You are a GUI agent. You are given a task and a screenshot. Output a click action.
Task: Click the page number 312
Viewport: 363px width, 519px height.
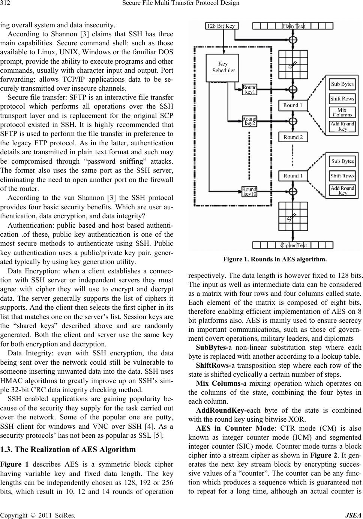(x=6, y=4)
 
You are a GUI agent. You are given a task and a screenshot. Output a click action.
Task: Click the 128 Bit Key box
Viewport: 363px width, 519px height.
(x=221, y=26)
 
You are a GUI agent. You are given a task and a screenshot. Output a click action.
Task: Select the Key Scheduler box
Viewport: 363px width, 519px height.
(x=223, y=67)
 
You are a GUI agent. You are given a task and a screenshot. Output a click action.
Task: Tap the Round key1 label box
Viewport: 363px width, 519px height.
(x=250, y=89)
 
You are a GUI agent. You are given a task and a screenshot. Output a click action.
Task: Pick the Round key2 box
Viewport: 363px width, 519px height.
(x=249, y=121)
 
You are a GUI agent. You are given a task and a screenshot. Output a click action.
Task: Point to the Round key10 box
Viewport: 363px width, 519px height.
(x=249, y=191)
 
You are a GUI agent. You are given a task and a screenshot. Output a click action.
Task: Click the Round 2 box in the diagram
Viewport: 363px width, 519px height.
(x=293, y=137)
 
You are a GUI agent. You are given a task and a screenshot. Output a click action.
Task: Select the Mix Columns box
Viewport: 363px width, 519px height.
(x=342, y=112)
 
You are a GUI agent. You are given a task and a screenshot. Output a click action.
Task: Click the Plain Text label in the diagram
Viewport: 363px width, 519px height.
(x=293, y=26)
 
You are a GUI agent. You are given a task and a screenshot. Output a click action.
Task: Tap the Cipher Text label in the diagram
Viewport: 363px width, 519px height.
(x=294, y=245)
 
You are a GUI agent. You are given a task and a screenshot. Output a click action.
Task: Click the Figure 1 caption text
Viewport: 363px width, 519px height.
(x=275, y=259)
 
